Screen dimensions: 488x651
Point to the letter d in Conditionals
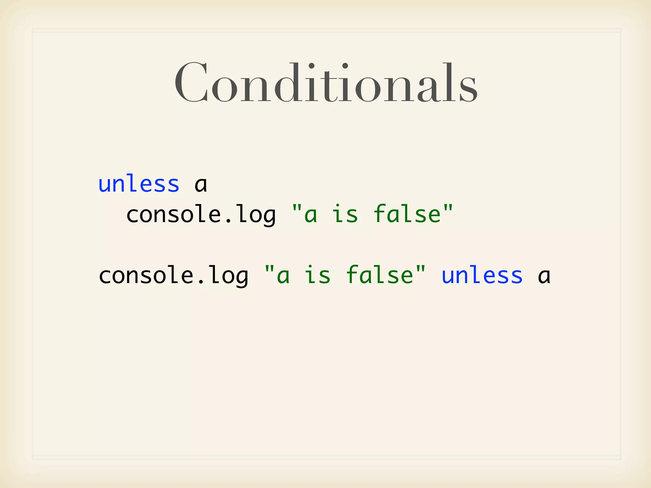[285, 83]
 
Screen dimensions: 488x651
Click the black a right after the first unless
[201, 185]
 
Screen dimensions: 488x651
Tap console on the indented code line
[174, 215]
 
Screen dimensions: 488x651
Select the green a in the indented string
[311, 215]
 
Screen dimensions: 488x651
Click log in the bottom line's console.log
[229, 276]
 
